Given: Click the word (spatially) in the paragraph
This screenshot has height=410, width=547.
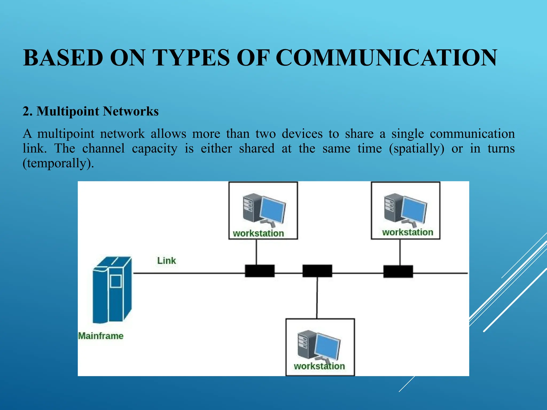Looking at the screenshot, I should (x=417, y=149).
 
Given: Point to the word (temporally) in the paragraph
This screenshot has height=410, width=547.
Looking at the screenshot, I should (x=58, y=163).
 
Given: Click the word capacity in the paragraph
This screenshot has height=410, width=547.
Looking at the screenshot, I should (x=154, y=149).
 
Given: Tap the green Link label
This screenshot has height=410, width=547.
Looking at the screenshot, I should (x=166, y=261).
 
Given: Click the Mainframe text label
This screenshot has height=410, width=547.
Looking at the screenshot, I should (x=101, y=336).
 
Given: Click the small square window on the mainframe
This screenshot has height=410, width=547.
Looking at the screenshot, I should (x=116, y=281).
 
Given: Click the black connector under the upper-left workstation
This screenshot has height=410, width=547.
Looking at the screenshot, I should (x=260, y=271).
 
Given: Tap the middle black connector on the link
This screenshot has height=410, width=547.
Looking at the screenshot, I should (x=317, y=271).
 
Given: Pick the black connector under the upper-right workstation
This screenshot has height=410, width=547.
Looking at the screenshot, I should (x=398, y=271).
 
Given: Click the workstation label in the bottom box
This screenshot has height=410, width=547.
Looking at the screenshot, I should (x=319, y=366).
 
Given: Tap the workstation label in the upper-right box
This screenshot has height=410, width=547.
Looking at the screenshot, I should (x=408, y=232).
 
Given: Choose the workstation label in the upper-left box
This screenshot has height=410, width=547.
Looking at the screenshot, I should (x=258, y=233).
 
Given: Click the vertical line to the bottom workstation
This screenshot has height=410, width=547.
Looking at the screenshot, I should (x=317, y=298).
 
